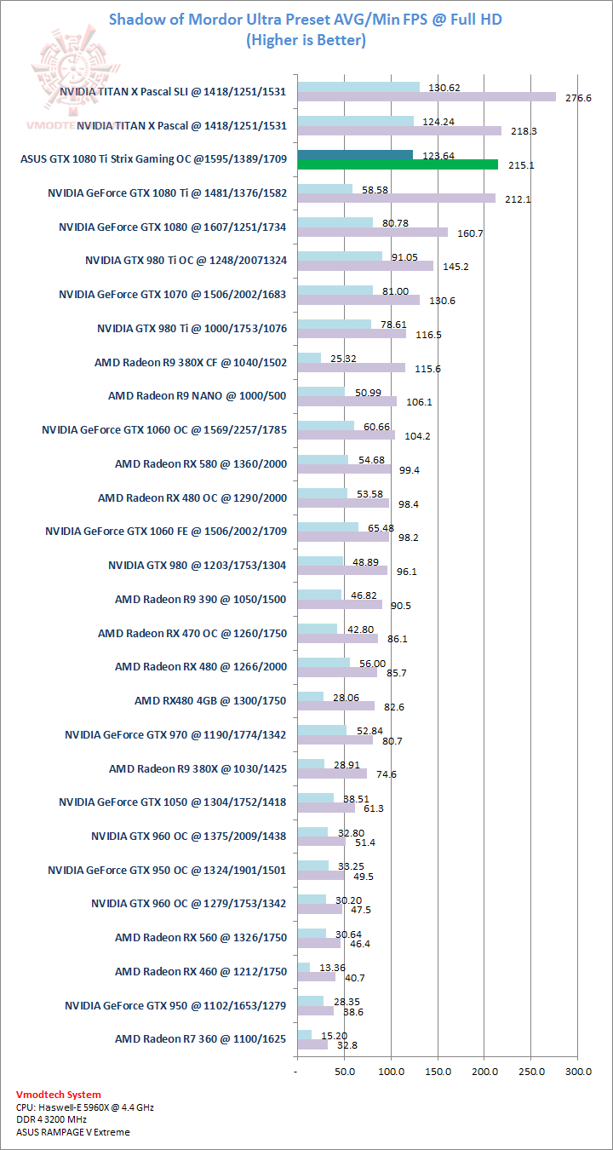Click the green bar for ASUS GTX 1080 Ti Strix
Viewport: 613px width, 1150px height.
coord(397,164)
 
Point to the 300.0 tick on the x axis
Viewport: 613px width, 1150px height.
coord(577,1071)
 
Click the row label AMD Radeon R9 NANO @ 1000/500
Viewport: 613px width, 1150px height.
coord(198,396)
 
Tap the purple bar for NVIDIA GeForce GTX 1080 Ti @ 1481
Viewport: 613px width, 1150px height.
coord(396,198)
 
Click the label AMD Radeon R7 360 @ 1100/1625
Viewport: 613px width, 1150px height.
coord(200,1039)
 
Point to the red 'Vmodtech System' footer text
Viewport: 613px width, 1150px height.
coord(58,1095)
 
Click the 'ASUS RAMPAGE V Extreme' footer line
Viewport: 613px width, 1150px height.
coord(73,1132)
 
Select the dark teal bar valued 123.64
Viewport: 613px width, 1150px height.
coord(355,154)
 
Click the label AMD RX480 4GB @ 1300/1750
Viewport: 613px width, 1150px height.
coord(210,701)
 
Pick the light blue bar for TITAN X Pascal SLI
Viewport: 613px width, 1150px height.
coord(358,87)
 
